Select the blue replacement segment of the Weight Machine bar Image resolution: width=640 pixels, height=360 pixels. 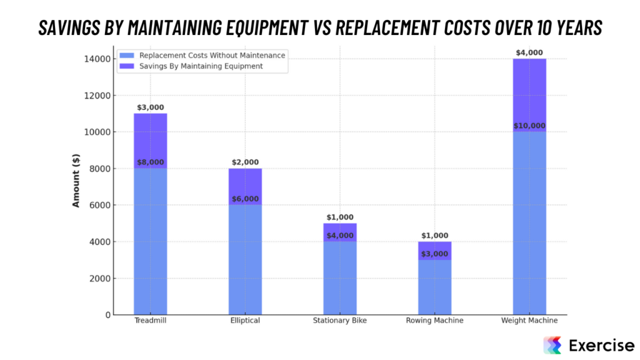click(x=529, y=225)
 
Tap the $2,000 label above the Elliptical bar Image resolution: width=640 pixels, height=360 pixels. click(x=245, y=162)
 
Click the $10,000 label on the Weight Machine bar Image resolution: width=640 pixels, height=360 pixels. click(x=529, y=126)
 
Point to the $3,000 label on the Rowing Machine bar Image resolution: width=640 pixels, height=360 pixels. click(x=434, y=254)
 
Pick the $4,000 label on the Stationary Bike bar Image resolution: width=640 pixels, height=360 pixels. click(x=340, y=236)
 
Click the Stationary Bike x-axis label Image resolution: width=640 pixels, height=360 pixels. click(x=340, y=321)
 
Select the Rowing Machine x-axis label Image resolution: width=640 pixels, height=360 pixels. click(x=434, y=321)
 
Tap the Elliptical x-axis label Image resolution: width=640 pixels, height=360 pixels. click(x=245, y=321)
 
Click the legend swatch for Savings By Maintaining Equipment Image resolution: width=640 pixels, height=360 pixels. click(x=127, y=66)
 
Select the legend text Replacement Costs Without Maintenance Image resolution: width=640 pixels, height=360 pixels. click(x=212, y=55)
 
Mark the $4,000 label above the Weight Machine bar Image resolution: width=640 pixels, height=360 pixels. click(x=529, y=53)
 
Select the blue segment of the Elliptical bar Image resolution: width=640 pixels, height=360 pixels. click(x=245, y=259)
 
